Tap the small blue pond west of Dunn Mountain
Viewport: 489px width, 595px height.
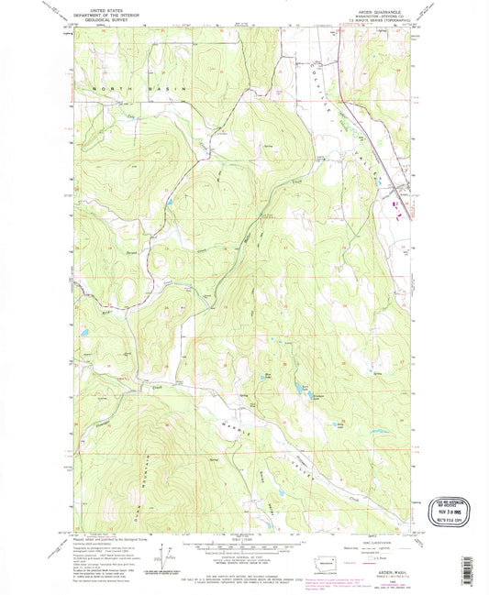point(85,335)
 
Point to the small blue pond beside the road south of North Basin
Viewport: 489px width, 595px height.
point(169,198)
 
